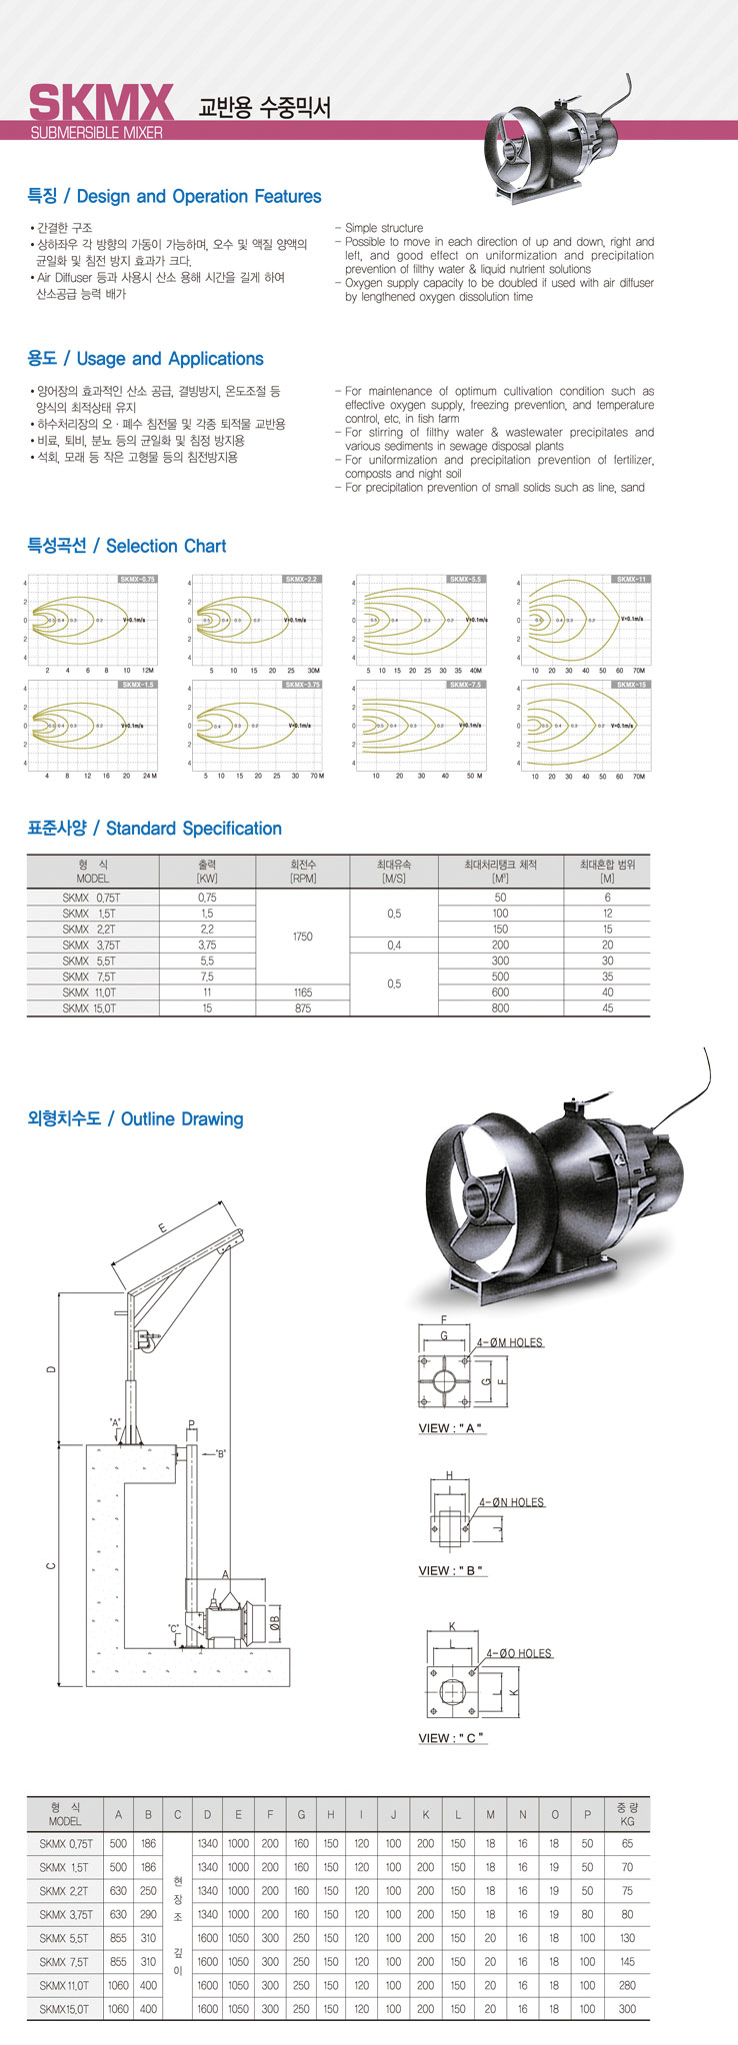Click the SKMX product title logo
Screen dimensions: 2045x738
pos(101,103)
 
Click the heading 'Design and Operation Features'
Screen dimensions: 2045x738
pos(174,197)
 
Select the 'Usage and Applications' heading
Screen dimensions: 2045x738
pos(145,359)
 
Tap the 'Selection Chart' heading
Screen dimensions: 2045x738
pos(126,546)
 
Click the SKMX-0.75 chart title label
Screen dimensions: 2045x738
pos(137,579)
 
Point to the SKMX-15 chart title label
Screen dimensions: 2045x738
pos(631,685)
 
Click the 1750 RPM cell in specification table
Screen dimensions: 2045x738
pos(302,937)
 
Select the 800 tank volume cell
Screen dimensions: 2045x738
pos(500,1009)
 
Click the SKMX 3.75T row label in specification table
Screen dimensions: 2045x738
pos(91,945)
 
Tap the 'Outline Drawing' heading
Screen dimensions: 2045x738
pos(135,1118)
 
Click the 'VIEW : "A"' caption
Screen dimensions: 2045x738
pos(451,1428)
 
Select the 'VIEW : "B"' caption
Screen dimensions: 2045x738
pos(451,1570)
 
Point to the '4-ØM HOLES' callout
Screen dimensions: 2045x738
pos(509,1342)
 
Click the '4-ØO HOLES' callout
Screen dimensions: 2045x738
pos(519,1653)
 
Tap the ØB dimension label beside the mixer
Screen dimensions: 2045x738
pos(275,1623)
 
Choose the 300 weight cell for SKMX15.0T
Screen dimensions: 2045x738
pos(627,2008)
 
